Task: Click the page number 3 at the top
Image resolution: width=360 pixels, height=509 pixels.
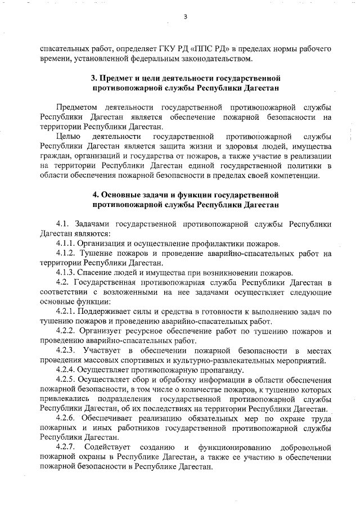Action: [x=184, y=16]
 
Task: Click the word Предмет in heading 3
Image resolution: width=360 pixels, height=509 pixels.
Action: [x=116, y=77]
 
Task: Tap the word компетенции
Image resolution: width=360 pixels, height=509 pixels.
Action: [x=295, y=175]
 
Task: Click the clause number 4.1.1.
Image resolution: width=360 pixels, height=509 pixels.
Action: [x=66, y=243]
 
